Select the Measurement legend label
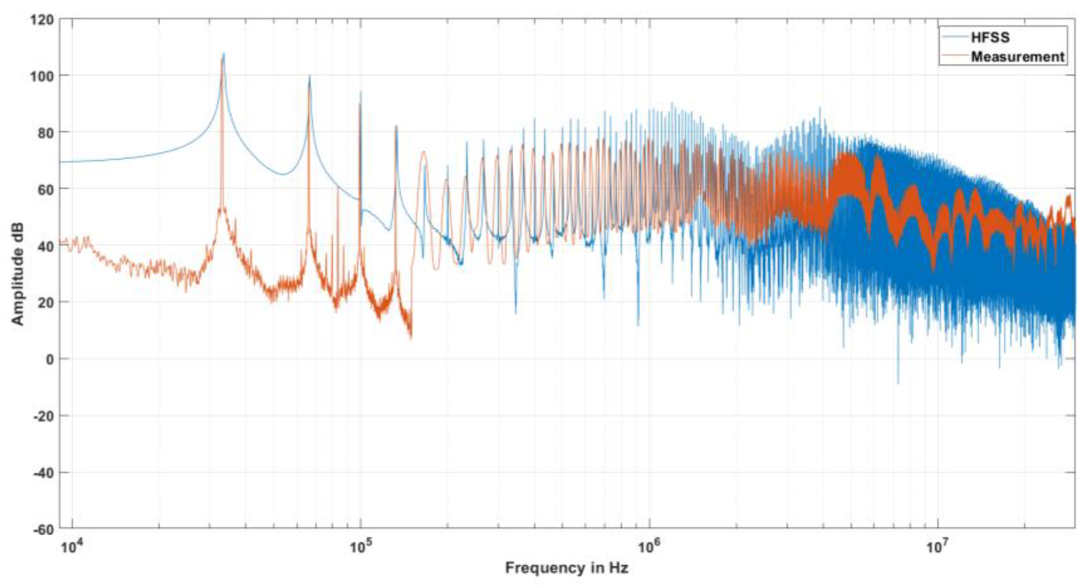click(x=1017, y=57)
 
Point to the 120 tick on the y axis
click(x=42, y=20)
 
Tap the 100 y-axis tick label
click(x=42, y=77)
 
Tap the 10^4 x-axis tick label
click(x=72, y=546)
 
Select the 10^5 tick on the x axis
click(x=360, y=546)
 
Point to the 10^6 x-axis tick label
click(x=649, y=546)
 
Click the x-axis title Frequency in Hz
click(x=567, y=568)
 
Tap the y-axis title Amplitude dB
click(x=17, y=274)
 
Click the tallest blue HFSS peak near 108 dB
click(x=223, y=54)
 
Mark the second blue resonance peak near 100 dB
click(x=309, y=77)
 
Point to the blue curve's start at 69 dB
click(x=61, y=162)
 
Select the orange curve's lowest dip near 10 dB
click(x=411, y=338)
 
